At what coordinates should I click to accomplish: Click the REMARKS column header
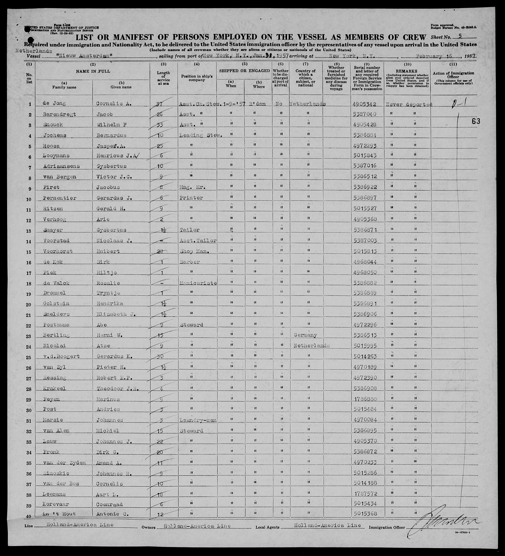(407, 71)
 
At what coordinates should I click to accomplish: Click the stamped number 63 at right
(476, 121)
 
